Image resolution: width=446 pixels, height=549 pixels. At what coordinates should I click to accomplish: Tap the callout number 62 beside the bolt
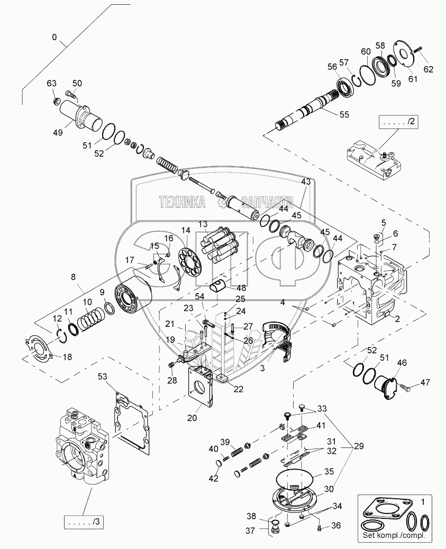pyautogui.click(x=427, y=69)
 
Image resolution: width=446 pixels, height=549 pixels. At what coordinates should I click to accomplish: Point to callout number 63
pyautogui.click(x=51, y=83)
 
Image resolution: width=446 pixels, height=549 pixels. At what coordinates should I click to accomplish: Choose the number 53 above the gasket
pyautogui.click(x=102, y=376)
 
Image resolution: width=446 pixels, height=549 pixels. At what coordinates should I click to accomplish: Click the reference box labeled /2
pyautogui.click(x=397, y=122)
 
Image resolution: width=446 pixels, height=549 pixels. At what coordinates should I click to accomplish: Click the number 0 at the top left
pyautogui.click(x=54, y=38)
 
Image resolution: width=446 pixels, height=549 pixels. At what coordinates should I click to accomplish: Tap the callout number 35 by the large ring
pyautogui.click(x=328, y=471)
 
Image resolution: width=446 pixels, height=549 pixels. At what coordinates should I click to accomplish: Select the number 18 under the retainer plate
pyautogui.click(x=67, y=357)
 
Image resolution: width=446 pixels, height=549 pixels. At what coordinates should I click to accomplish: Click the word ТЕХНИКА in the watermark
pyautogui.click(x=183, y=201)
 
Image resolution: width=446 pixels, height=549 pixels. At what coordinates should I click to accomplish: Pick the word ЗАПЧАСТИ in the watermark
pyautogui.click(x=268, y=201)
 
